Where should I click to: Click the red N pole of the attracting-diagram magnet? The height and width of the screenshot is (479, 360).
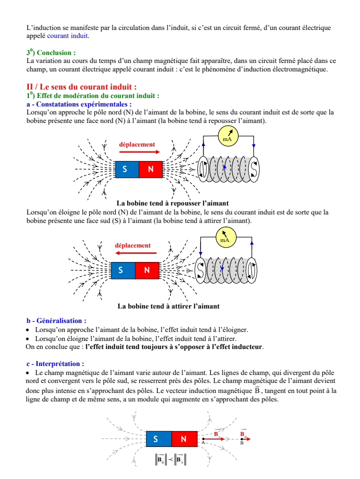146,270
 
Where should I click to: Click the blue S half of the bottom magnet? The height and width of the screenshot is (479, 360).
158,439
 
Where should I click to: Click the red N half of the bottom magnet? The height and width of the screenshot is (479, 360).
183,439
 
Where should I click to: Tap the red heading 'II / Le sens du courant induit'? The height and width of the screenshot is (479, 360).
81,87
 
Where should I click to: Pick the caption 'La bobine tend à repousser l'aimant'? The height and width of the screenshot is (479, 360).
172,203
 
